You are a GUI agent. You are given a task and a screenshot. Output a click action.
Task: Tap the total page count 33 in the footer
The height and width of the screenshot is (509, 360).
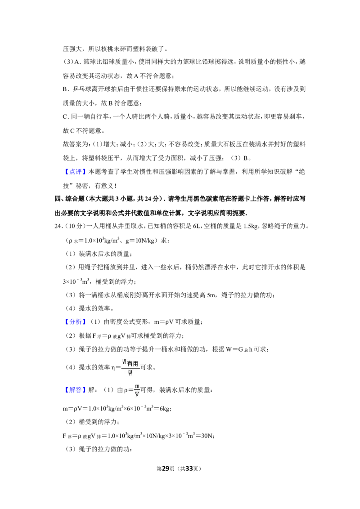point(189,469)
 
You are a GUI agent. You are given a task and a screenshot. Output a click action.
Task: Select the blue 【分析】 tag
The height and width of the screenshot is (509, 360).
point(75,321)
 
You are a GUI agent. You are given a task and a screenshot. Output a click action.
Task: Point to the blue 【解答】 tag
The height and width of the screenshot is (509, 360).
point(75,389)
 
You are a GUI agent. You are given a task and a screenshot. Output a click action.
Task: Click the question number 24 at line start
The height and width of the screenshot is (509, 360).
point(58,226)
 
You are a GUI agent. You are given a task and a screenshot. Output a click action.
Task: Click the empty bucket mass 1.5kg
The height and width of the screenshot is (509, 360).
point(251,226)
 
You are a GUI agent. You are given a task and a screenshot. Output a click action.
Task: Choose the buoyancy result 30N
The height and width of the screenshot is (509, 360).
point(207,436)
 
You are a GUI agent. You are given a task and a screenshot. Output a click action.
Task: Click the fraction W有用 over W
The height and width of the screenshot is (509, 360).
point(130,367)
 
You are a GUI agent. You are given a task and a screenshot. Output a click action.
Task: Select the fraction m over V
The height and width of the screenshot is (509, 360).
point(137,390)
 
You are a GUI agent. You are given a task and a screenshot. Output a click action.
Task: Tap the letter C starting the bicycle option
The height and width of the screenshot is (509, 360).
point(65,116)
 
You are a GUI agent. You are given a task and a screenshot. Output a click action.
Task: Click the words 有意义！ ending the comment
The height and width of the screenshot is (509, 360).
point(105,186)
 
